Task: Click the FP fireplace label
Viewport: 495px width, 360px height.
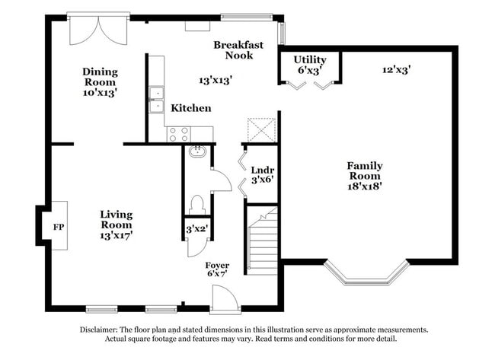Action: pyautogui.click(x=57, y=227)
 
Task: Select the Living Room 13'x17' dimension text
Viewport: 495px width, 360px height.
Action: pyautogui.click(x=117, y=236)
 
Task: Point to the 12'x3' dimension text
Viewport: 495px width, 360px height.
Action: pyautogui.click(x=396, y=69)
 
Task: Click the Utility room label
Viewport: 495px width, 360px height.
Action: pyautogui.click(x=310, y=59)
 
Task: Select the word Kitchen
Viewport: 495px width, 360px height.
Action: pyautogui.click(x=190, y=108)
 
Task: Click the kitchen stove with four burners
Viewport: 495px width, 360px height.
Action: pyautogui.click(x=178, y=134)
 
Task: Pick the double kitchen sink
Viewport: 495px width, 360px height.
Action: pyautogui.click(x=156, y=100)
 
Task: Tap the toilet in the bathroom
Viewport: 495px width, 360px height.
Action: pyautogui.click(x=196, y=204)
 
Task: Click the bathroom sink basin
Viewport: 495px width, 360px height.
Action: pyautogui.click(x=196, y=151)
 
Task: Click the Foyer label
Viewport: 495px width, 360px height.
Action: pyautogui.click(x=217, y=265)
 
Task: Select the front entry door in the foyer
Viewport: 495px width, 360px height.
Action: pyautogui.click(x=225, y=298)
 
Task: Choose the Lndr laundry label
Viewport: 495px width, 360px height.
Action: pyautogui.click(x=262, y=170)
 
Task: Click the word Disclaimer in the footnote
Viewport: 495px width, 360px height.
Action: pyautogui.click(x=102, y=330)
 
